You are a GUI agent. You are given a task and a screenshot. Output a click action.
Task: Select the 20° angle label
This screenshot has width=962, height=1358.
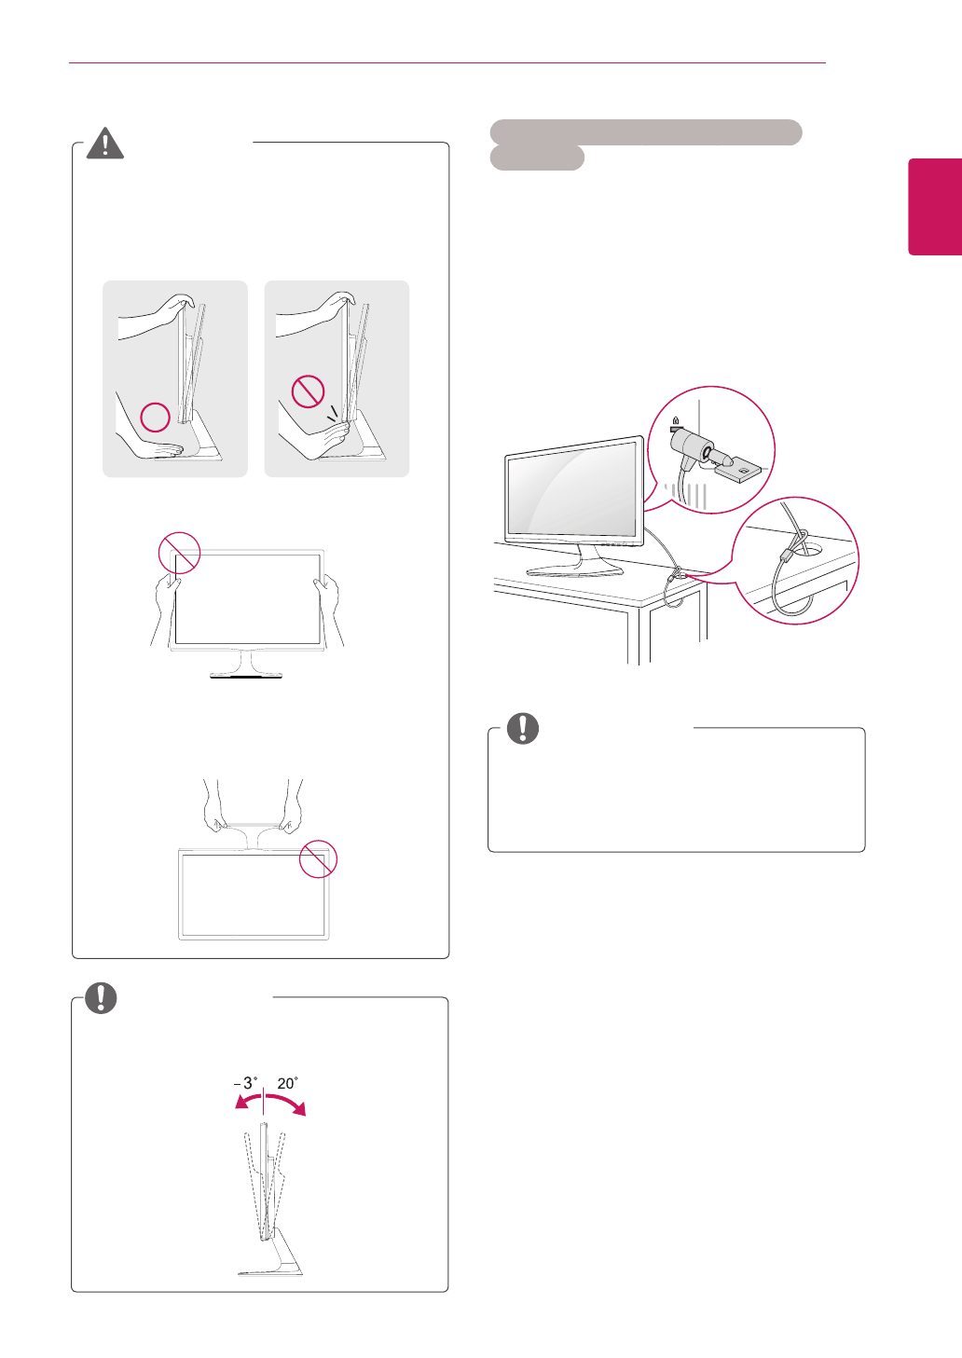pos(287,1083)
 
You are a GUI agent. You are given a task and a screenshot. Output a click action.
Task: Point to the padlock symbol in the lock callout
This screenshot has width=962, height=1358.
pos(674,421)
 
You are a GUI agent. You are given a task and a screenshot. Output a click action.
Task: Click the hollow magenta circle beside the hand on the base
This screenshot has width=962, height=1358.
pos(155,417)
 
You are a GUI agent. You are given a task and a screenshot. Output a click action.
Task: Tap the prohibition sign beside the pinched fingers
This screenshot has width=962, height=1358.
pos(308,391)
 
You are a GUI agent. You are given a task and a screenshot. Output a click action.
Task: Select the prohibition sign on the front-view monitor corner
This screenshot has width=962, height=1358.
pos(179,553)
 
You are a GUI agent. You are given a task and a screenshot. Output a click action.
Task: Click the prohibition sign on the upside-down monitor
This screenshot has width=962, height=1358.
pos(318,858)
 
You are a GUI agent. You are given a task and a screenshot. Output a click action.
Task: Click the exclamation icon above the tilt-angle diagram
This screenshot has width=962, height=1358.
pos(101,998)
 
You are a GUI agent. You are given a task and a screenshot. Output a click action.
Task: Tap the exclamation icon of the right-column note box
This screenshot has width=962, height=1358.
pos(523,728)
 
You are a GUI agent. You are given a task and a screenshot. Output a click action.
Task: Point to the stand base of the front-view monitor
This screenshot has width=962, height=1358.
pos(246,672)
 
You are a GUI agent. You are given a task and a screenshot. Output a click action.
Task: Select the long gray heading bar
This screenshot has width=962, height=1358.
pos(645,132)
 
